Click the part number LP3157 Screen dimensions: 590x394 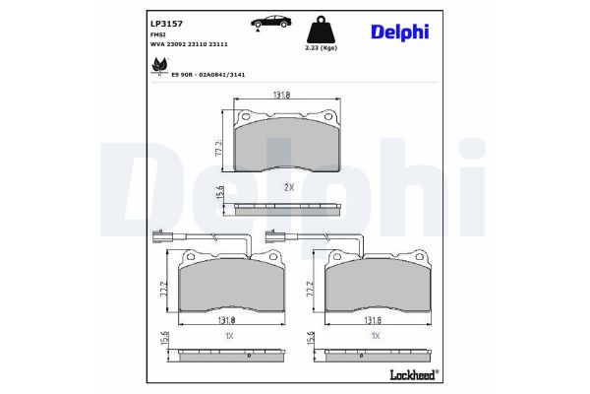point(166,24)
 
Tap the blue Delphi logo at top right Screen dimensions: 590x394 point(399,33)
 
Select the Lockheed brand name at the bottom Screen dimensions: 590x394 point(414,374)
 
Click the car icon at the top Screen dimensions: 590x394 point(270,23)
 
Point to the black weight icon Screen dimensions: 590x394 point(321,29)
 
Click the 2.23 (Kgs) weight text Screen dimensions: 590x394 point(321,48)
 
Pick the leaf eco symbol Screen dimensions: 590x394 point(160,66)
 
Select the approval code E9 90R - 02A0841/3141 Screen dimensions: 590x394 point(208,75)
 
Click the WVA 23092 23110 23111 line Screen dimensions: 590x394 point(189,44)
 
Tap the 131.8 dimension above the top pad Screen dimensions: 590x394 point(281,95)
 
